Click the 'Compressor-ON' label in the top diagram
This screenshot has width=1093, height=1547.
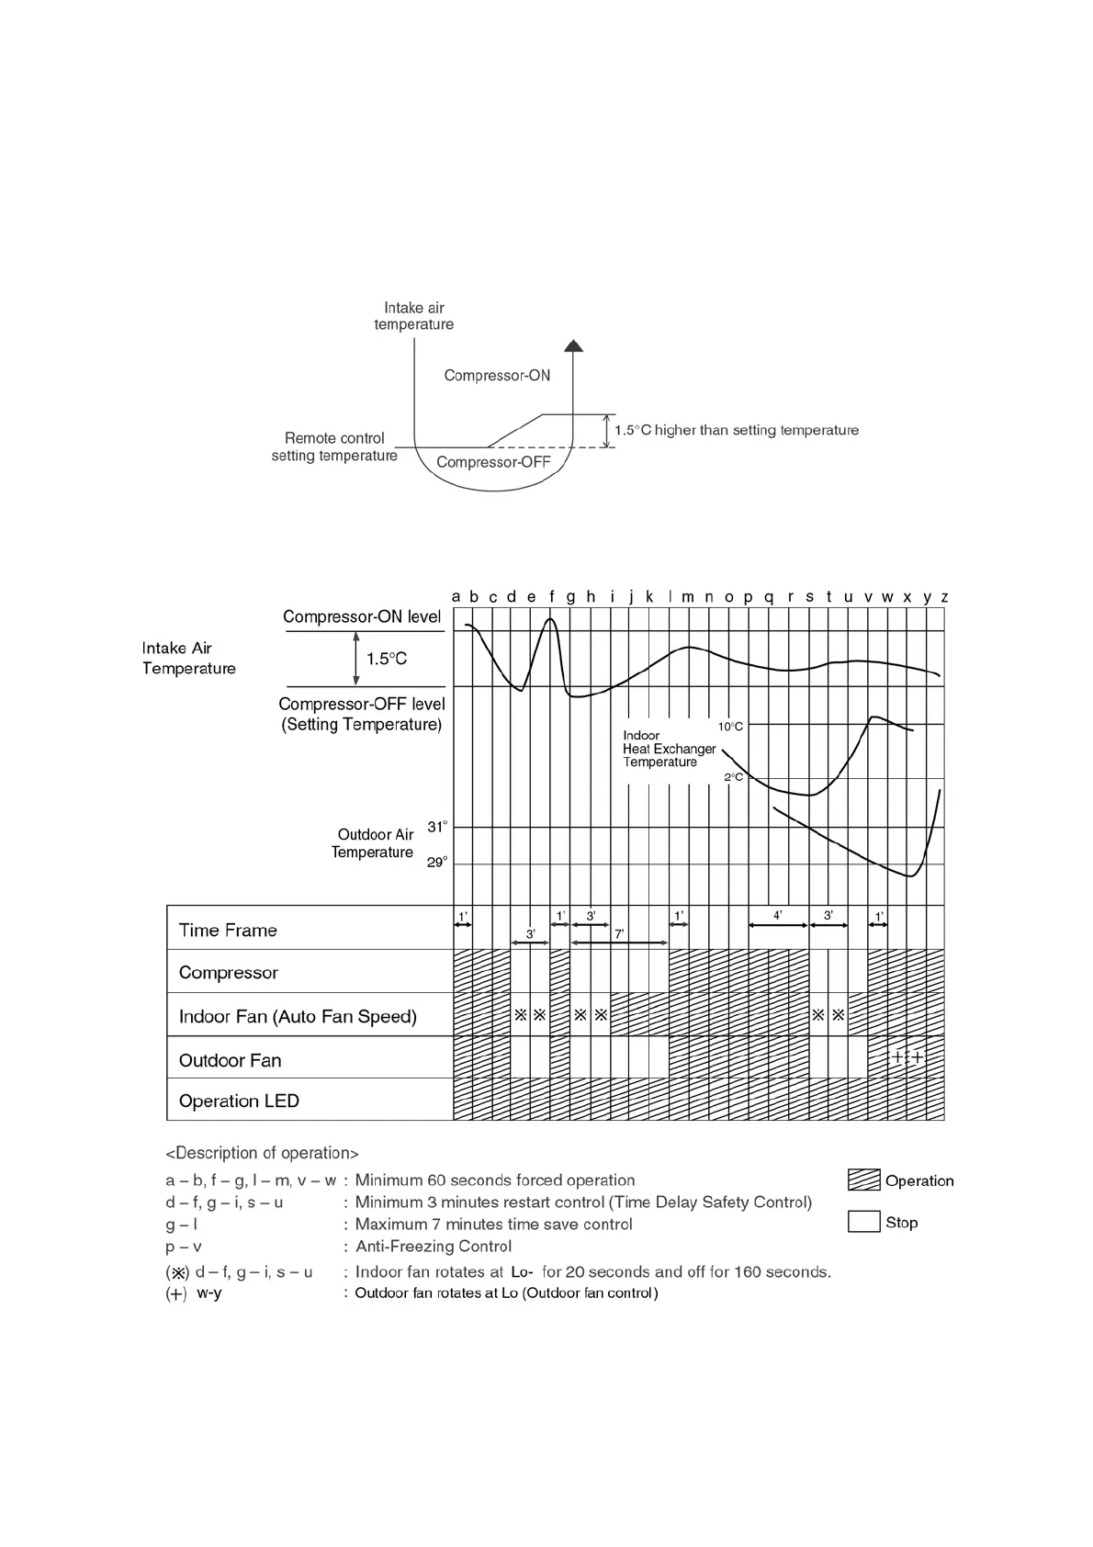click(x=497, y=376)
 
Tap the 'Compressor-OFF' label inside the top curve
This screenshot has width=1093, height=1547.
click(x=493, y=462)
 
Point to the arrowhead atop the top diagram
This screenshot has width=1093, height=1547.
click(x=573, y=345)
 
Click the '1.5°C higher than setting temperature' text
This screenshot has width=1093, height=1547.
click(x=737, y=430)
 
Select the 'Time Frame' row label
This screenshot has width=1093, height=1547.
click(x=228, y=931)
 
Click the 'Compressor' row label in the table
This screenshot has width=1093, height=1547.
click(x=228, y=973)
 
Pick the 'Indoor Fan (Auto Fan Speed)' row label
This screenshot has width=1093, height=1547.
click(x=298, y=1017)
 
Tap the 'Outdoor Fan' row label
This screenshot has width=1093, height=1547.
click(x=230, y=1061)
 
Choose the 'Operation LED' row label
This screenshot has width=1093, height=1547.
click(x=239, y=1101)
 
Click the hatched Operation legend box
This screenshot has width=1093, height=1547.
click(x=863, y=1180)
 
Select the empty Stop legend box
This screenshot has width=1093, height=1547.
click(x=863, y=1222)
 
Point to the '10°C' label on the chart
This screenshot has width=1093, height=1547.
click(x=730, y=727)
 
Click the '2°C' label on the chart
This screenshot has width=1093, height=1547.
click(x=733, y=777)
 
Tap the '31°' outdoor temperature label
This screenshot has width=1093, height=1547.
click(x=437, y=827)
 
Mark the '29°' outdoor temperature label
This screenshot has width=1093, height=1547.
click(x=437, y=863)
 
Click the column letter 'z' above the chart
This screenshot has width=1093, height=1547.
click(x=944, y=597)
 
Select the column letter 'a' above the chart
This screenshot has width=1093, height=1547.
click(x=456, y=597)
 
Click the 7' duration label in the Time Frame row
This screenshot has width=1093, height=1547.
click(x=619, y=933)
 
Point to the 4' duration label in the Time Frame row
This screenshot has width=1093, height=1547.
click(x=777, y=916)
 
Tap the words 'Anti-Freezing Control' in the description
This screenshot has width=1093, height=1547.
click(x=433, y=1247)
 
